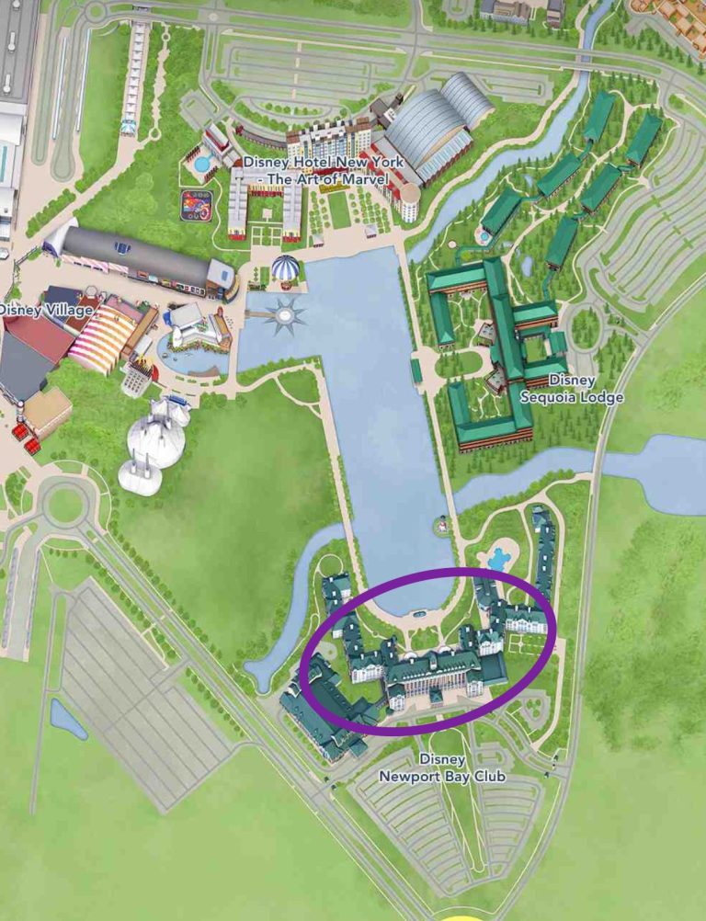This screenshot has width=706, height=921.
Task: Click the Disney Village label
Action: [46, 311]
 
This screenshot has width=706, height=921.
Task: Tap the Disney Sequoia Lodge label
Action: [571, 389]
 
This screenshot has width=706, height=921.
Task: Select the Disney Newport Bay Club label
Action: [442, 767]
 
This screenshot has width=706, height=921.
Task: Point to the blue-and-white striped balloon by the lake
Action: [285, 269]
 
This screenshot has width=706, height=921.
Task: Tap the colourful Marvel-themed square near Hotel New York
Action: [196, 202]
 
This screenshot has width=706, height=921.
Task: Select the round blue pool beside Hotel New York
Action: [201, 165]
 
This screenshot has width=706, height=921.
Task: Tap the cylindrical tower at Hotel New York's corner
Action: [409, 200]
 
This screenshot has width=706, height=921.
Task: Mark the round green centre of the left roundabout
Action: [64, 504]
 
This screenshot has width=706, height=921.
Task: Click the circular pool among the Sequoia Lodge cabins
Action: [484, 236]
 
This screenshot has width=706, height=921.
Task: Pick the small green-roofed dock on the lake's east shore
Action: [416, 370]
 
